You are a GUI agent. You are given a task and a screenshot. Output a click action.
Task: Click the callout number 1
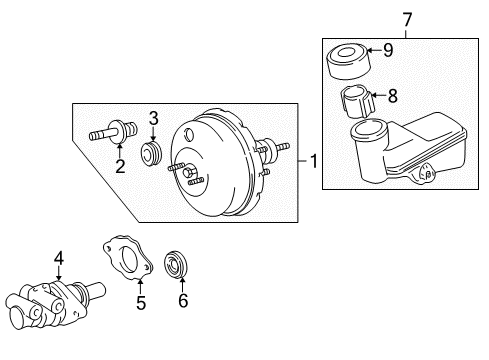pyautogui.click(x=315, y=160)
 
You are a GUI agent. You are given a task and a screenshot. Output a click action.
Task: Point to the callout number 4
pyautogui.click(x=59, y=259)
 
